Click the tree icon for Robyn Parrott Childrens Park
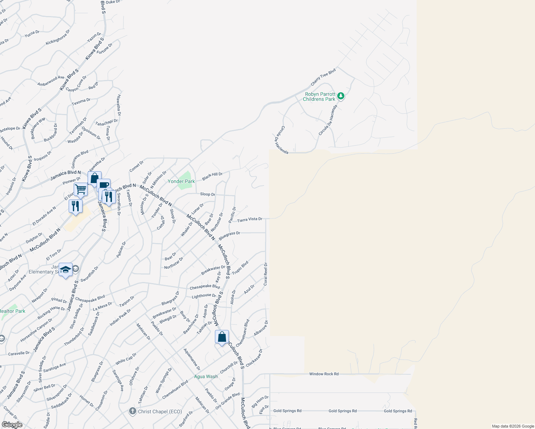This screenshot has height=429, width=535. pyautogui.click(x=341, y=96)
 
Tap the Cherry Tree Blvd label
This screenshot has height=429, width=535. pyautogui.click(x=323, y=77)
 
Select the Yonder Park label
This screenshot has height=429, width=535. pyautogui.click(x=181, y=181)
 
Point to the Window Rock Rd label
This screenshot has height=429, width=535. pyautogui.click(x=324, y=374)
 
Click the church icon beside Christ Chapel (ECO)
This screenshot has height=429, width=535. pyautogui.click(x=133, y=411)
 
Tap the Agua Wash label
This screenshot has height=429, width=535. pyautogui.click(x=206, y=376)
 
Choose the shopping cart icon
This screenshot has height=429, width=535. pyautogui.click(x=81, y=189)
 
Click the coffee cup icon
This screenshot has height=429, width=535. pyautogui.click(x=104, y=185)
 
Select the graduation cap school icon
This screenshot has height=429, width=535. pyautogui.click(x=65, y=270)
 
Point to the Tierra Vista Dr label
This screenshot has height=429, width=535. pyautogui.click(x=250, y=219)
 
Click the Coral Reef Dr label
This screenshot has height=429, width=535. pyautogui.click(x=265, y=274)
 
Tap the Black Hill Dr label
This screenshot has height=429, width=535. pyautogui.click(x=212, y=176)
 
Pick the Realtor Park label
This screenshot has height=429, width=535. pyautogui.click(x=13, y=311)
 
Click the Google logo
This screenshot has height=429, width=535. pyautogui.click(x=12, y=425)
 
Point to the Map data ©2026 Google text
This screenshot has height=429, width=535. pyautogui.click(x=512, y=426)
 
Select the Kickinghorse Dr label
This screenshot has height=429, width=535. pyautogui.click(x=58, y=38)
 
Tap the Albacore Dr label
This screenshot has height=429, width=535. pyautogui.click(x=261, y=328)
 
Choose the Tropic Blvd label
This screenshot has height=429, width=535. pyautogui.click(x=240, y=268)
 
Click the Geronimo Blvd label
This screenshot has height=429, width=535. pyautogui.click(x=80, y=159)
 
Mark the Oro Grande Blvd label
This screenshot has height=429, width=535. pyautogui.click(x=227, y=401)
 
